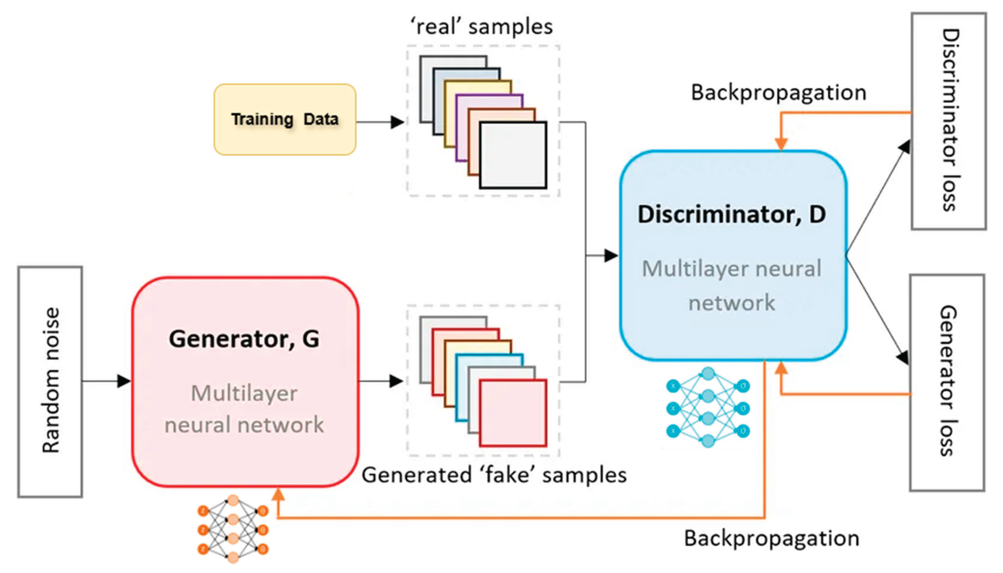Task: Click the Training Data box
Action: click(285, 119)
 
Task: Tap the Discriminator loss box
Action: click(948, 121)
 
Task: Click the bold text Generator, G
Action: click(244, 339)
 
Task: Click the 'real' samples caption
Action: click(481, 27)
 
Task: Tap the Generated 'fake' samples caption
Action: click(494, 475)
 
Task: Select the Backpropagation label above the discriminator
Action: click(778, 93)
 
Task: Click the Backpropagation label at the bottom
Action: click(771, 538)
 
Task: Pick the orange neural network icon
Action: click(233, 529)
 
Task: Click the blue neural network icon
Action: click(708, 407)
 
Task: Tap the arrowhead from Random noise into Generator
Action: click(124, 381)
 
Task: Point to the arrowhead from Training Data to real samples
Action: click(397, 122)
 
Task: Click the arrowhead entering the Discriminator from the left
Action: click(611, 255)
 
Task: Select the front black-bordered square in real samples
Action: click(513, 155)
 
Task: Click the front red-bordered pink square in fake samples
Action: click(513, 413)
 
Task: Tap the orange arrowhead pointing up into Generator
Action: click(278, 494)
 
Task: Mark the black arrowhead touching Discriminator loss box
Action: click(904, 147)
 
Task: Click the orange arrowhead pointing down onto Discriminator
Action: click(781, 144)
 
